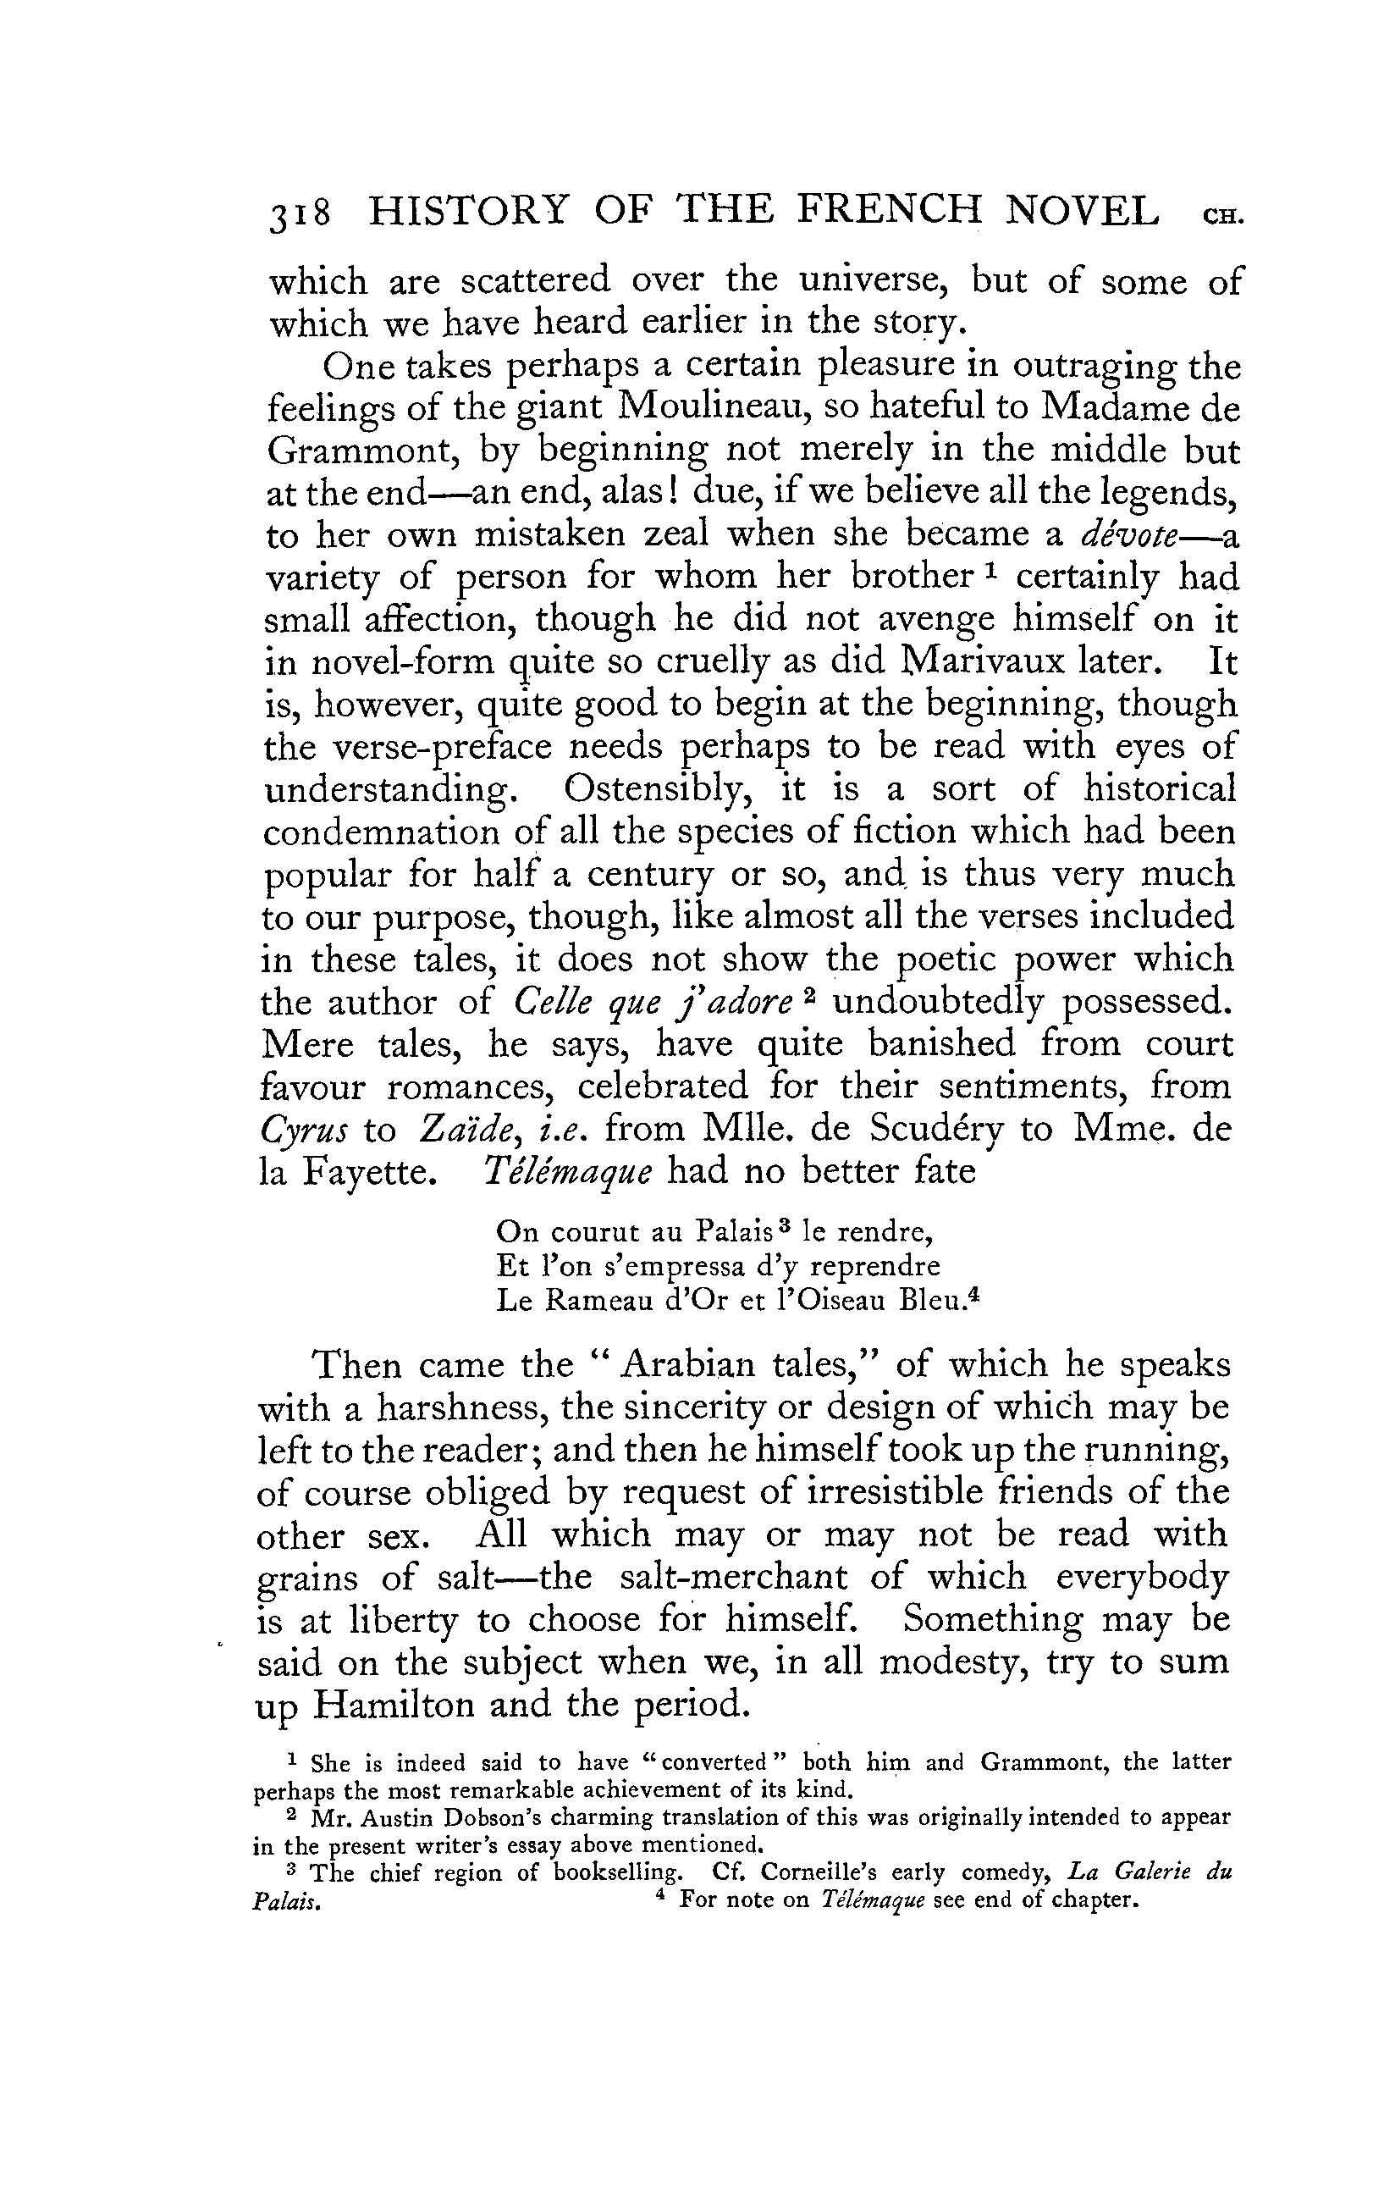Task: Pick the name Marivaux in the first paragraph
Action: pos(994,661)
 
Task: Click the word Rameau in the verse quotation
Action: pos(599,1301)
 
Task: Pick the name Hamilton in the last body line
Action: pos(394,1704)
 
